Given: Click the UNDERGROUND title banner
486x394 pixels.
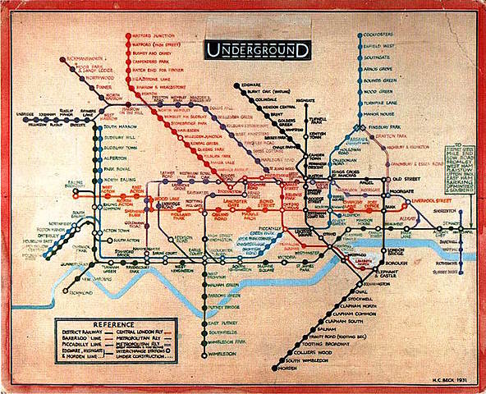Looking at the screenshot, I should (258, 50).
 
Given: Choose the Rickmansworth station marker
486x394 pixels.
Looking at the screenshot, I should (64, 59).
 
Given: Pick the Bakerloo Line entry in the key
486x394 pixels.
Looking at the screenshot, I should (79, 339).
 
